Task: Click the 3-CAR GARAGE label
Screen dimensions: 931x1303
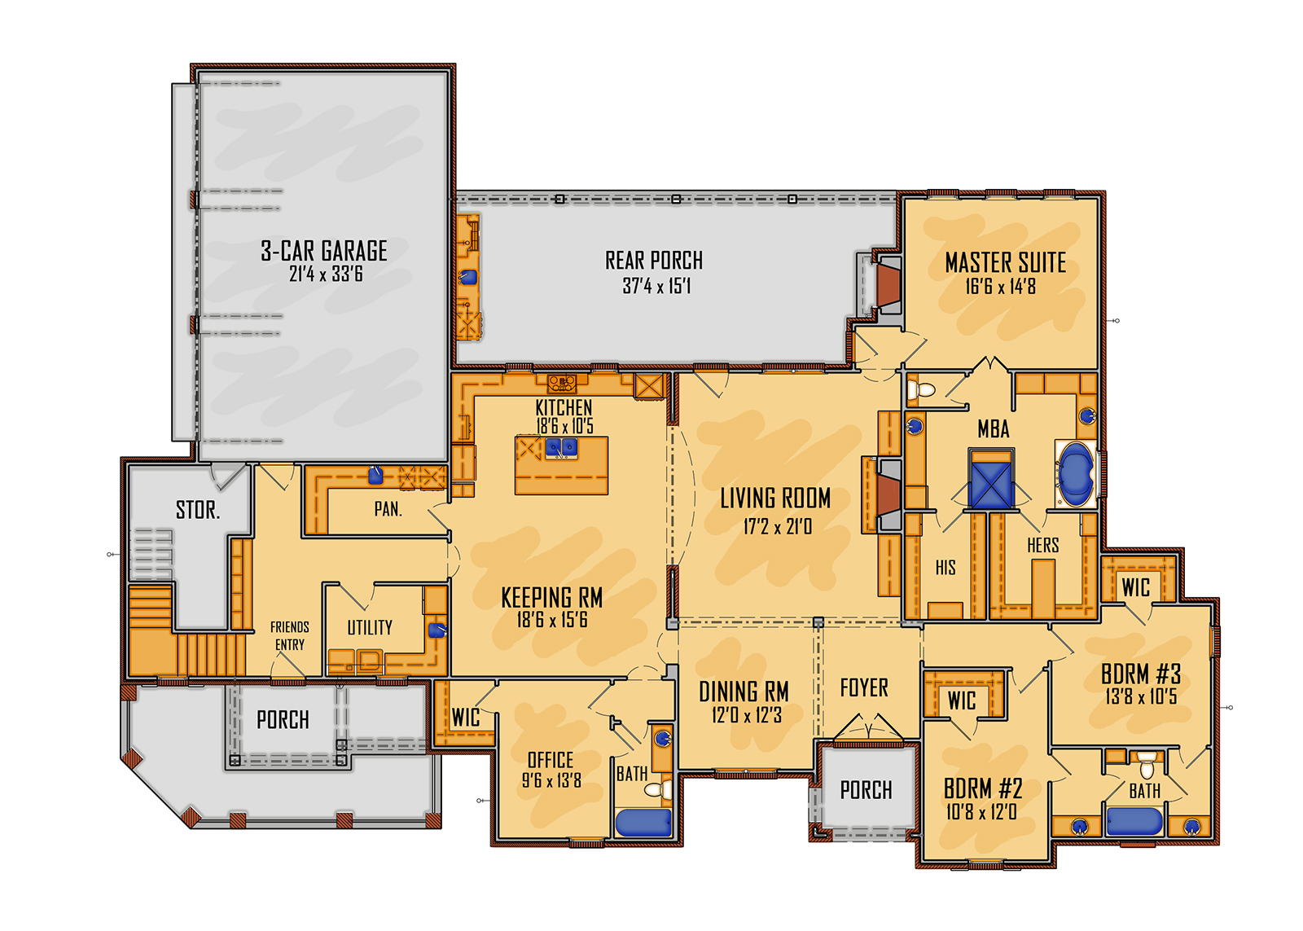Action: (x=324, y=251)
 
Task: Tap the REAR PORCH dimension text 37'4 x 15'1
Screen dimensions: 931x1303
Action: (x=656, y=287)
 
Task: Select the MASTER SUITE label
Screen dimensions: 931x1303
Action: (x=1005, y=262)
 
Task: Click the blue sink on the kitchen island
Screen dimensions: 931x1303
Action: (x=562, y=446)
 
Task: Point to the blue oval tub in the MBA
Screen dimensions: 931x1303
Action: (x=1076, y=473)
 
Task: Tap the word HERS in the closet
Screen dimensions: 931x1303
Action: (x=1042, y=546)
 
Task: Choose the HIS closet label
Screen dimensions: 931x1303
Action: (x=945, y=568)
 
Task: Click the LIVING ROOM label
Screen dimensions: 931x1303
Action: (x=775, y=498)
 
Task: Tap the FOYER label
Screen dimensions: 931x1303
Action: (x=864, y=688)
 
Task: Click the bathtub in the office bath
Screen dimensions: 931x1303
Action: (x=643, y=823)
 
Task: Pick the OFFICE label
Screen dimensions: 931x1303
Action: (x=551, y=760)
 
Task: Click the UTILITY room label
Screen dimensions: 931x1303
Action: (x=370, y=627)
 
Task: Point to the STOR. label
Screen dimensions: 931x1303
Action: (x=198, y=511)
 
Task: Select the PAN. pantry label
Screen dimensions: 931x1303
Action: (x=388, y=509)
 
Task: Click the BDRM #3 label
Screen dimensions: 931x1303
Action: (x=1140, y=674)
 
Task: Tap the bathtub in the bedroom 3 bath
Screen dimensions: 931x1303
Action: (x=1133, y=821)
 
